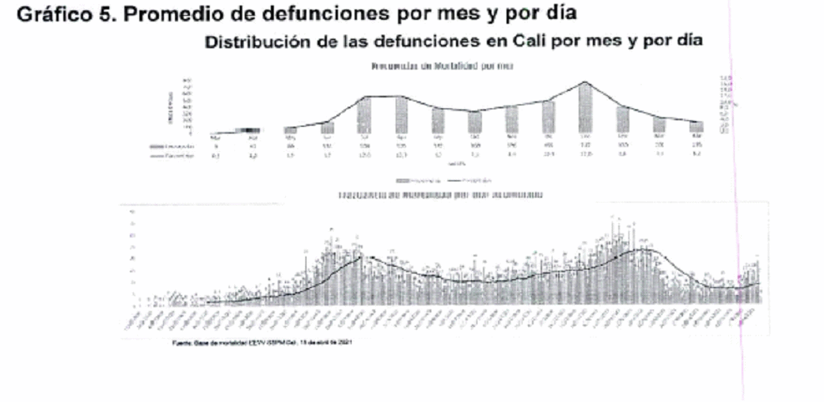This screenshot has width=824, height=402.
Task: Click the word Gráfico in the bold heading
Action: click(47, 13)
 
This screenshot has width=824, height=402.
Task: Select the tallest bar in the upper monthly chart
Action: click(585, 108)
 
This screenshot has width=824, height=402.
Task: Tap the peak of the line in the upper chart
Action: click(585, 82)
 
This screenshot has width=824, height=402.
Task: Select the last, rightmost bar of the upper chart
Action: click(696, 127)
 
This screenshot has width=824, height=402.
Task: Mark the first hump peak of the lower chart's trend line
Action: click(360, 256)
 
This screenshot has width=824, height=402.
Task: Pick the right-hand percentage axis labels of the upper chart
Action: click(723, 103)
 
